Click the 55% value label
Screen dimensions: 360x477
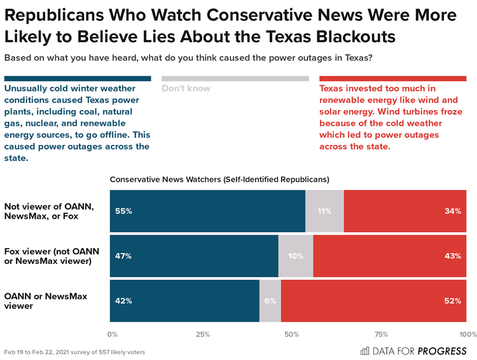click(x=123, y=211)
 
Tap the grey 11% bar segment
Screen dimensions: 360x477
click(x=324, y=211)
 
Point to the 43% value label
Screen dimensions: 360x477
click(x=452, y=256)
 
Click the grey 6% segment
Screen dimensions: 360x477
click(x=270, y=301)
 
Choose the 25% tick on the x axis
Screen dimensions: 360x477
click(x=203, y=334)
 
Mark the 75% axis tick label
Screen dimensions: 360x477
click(x=382, y=334)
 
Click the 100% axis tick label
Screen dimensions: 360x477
click(x=467, y=334)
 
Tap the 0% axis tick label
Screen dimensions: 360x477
click(x=113, y=334)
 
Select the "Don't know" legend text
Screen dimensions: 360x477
click(x=186, y=88)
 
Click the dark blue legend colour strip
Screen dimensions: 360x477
click(x=78, y=78)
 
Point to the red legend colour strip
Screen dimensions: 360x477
click(x=394, y=78)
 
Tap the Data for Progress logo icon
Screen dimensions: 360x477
click(x=365, y=350)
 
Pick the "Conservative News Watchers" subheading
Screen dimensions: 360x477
click(x=219, y=180)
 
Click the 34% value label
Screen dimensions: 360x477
click(x=452, y=211)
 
